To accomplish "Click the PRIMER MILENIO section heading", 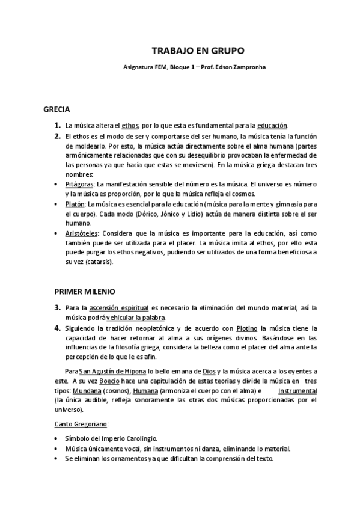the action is [x=85, y=292].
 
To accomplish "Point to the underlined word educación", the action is [x=272, y=125].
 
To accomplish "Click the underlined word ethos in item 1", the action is [x=130, y=125].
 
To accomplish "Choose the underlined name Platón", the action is [x=75, y=204].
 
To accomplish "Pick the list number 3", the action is [x=58, y=307].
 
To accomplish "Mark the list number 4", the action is [x=58, y=328].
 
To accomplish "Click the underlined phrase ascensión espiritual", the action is [x=123, y=308].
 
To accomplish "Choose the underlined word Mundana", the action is [x=69, y=391].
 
